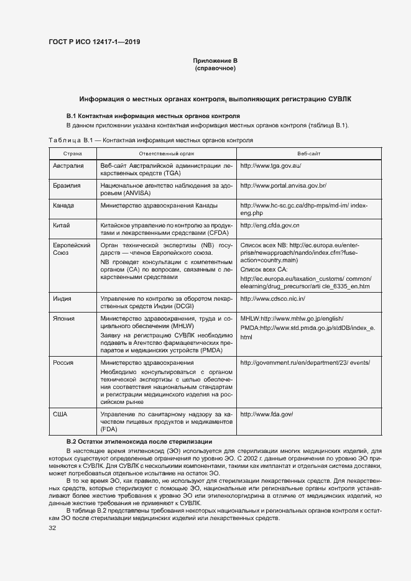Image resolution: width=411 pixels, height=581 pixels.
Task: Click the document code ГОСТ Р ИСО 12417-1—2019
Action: [94, 42]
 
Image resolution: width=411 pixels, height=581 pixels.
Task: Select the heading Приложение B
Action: [215, 61]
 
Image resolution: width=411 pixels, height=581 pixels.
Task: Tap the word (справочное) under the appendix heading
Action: [215, 68]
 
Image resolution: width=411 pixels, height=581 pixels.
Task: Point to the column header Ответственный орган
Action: [166, 153]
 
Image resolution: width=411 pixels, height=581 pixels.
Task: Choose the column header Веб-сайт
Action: [309, 153]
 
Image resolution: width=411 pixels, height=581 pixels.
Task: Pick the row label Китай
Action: [62, 224]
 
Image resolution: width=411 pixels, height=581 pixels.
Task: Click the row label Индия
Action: [62, 299]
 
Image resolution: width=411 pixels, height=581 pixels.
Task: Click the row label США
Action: [60, 414]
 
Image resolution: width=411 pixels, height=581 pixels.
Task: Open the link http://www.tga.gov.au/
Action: [270, 167]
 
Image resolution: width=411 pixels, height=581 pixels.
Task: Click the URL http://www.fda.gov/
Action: [266, 414]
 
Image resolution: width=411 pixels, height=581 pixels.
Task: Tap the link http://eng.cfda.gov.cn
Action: [270, 224]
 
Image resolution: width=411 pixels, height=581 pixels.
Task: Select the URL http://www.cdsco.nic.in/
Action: [272, 299]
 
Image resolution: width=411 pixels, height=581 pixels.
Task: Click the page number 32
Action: [52, 528]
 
